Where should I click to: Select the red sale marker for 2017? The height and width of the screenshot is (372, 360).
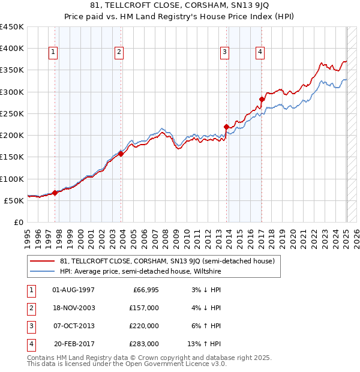(262, 100)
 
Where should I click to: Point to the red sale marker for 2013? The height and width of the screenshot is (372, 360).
(226, 127)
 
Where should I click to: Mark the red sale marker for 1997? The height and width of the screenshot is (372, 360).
(55, 193)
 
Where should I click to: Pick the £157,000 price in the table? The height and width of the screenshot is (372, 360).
(145, 308)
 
